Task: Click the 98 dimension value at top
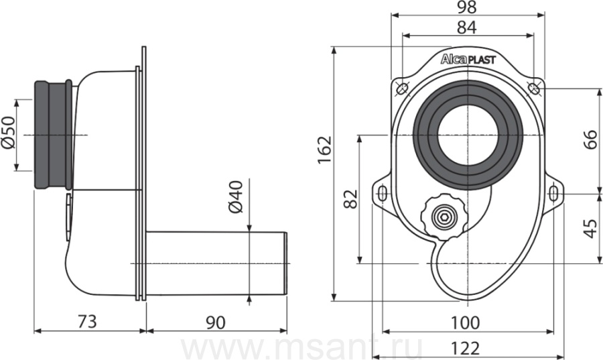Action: (x=468, y=7)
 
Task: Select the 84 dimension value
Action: (x=467, y=27)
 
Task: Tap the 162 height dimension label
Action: (x=324, y=150)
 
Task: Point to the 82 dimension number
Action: (x=350, y=199)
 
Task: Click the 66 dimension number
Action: (x=590, y=139)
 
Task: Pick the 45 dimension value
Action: (x=590, y=229)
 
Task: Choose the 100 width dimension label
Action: (x=465, y=323)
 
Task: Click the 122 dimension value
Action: (x=465, y=349)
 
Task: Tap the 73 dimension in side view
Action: (x=87, y=322)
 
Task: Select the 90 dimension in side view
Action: (x=215, y=322)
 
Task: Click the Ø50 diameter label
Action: (x=9, y=132)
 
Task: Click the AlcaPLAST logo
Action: (x=468, y=59)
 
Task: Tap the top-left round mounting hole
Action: (x=402, y=88)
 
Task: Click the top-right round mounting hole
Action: (x=533, y=88)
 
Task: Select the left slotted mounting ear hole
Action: (x=383, y=193)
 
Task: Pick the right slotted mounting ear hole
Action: (x=553, y=193)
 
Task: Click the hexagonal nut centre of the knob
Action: (x=444, y=218)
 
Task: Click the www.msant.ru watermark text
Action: (x=301, y=349)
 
